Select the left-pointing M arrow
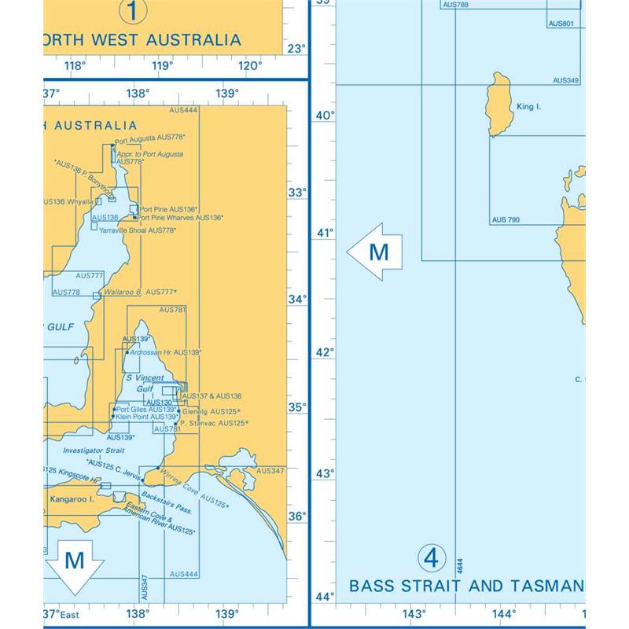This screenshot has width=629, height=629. coord(376,252)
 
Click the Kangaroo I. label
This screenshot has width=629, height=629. coord(68,499)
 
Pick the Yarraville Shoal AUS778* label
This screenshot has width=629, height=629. coord(138,230)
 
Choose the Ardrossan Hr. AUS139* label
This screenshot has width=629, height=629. coord(164,353)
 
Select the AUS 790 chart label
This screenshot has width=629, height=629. coord(506,220)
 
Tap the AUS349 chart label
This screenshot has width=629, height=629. coord(566,80)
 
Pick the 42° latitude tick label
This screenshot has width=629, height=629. coord(325,351)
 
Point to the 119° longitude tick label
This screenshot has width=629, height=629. coord(162,65)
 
